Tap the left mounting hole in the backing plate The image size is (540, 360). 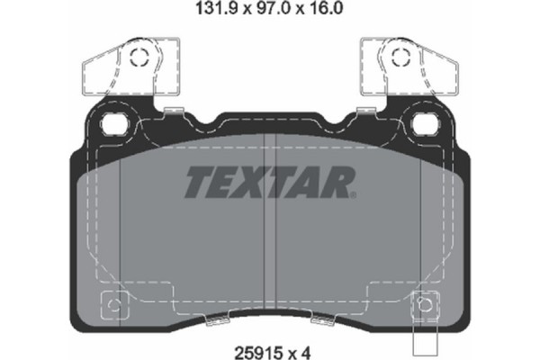[115, 121]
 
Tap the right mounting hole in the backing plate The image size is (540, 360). [424, 121]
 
